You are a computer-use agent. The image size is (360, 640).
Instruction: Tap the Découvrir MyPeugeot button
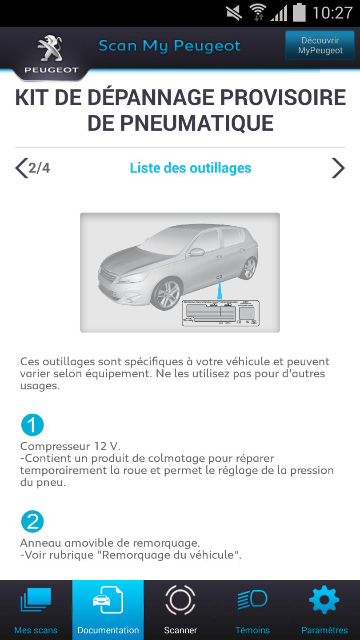point(320,45)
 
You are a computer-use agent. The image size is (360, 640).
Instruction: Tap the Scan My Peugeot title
point(169,46)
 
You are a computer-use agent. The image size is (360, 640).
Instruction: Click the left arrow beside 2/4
point(21,168)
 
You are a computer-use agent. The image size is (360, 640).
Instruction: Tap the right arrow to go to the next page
point(338,168)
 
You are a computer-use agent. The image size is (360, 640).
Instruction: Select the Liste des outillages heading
point(190,168)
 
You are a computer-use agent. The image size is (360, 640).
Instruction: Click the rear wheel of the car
point(249,268)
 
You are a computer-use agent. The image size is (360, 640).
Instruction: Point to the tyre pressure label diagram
point(220,313)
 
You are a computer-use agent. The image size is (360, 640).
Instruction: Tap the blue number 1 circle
point(32,425)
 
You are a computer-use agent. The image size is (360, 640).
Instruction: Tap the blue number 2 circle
point(32,522)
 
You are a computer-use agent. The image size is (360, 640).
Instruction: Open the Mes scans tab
point(36,610)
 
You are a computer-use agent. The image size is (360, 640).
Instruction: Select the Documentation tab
point(108,610)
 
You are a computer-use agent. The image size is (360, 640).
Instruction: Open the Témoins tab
point(252,610)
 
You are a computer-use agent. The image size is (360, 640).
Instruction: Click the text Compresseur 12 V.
point(70,446)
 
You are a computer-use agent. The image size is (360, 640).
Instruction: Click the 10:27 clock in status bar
point(332,13)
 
